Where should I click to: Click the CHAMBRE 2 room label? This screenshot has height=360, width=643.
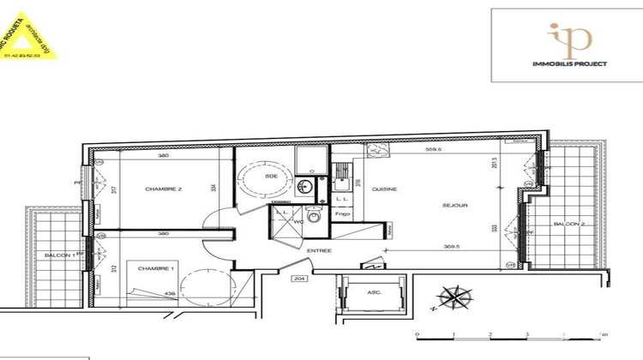(163, 189)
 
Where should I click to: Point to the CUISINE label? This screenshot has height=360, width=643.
(384, 189)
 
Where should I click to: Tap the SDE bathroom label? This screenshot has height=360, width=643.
(272, 176)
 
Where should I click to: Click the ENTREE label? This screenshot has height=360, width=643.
(319, 250)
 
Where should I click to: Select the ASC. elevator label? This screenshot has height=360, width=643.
(375, 292)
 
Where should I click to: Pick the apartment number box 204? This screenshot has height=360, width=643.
(299, 279)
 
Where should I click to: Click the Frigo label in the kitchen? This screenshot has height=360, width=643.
(342, 213)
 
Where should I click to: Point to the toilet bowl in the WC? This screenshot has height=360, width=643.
(314, 217)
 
